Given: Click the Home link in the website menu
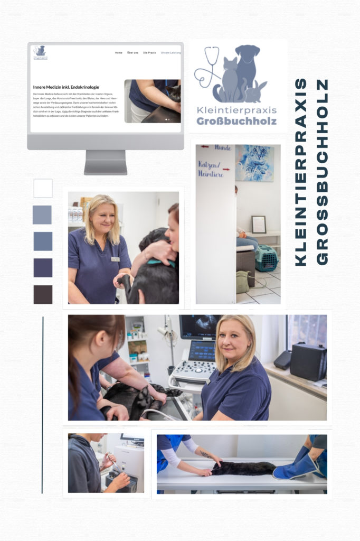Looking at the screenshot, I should click(x=119, y=53).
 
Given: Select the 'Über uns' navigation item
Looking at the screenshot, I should click(x=132, y=53).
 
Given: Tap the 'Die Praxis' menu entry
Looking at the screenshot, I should click(x=149, y=53).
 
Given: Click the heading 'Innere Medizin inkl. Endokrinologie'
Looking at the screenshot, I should click(x=66, y=87).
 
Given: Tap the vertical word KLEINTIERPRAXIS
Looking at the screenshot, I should click(x=301, y=172).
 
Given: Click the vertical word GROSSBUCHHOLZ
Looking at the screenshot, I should click(x=321, y=172).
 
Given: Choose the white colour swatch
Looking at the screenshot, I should click(x=43, y=188).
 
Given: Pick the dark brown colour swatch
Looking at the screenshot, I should click(x=43, y=294).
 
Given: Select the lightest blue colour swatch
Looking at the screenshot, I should click(x=42, y=214).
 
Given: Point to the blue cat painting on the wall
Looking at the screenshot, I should click(x=254, y=163).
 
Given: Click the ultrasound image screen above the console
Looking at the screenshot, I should click(x=200, y=327).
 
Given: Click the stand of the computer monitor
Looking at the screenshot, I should click(x=106, y=162).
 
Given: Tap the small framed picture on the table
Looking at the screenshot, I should click(x=259, y=225).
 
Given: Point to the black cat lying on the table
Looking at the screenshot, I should click(x=243, y=468).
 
